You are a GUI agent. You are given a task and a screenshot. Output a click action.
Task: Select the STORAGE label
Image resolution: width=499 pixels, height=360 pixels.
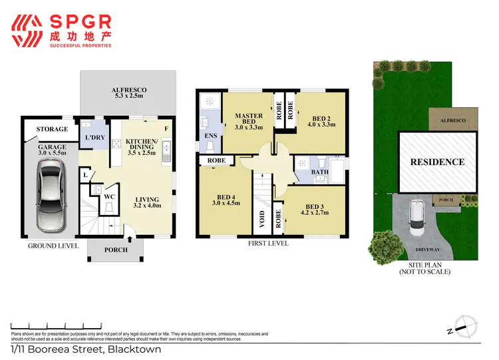[52, 129]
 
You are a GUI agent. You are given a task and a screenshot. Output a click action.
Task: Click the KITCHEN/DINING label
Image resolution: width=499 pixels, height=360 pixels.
[141, 146]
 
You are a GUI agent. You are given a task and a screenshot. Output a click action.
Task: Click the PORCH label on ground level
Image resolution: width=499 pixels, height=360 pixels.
[106, 250]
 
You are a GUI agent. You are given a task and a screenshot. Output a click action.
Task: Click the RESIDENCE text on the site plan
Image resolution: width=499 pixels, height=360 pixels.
[437, 162]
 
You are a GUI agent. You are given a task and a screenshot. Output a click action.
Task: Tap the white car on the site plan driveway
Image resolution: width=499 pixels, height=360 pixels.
[418, 217]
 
